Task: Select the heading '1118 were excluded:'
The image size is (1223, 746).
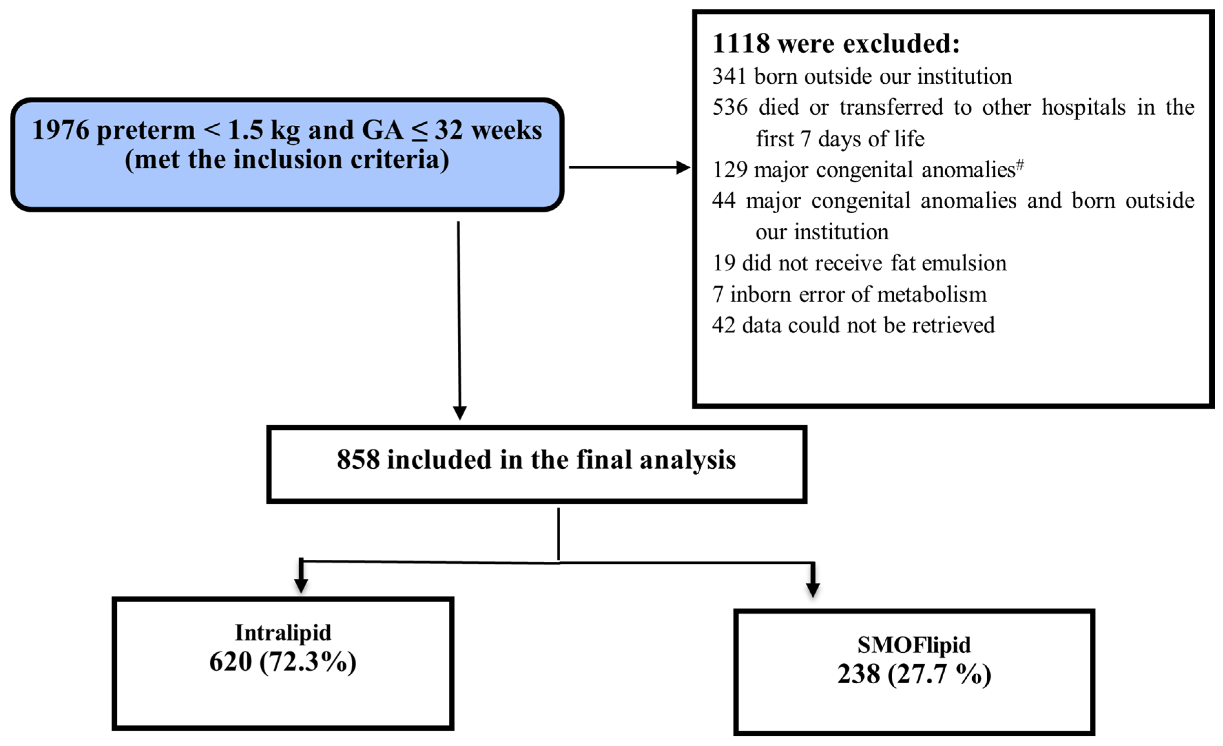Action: [836, 44]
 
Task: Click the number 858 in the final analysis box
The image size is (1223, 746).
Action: [358, 459]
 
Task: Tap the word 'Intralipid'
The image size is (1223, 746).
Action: [283, 633]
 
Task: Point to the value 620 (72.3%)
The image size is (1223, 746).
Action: [283, 662]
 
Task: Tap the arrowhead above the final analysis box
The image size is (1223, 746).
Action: [460, 413]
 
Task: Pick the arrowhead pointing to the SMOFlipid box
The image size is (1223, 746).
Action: [813, 589]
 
